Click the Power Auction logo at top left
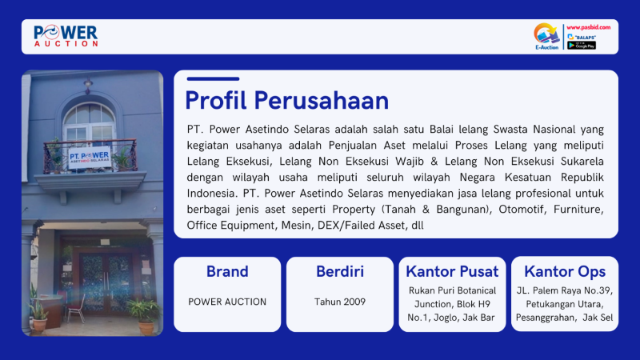pyautogui.click(x=66, y=36)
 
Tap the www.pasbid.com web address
pyautogui.click(x=588, y=27)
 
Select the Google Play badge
pyautogui.click(x=582, y=46)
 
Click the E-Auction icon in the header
pyautogui.click(x=546, y=36)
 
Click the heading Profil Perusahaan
pyautogui.click(x=287, y=100)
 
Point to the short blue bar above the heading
pyautogui.click(x=213, y=78)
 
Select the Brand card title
pyautogui.click(x=227, y=271)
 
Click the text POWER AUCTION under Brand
pyautogui.click(x=227, y=302)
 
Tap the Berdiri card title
pyautogui.click(x=340, y=271)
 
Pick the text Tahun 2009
pyautogui.click(x=340, y=302)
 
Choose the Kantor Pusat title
pyautogui.click(x=452, y=271)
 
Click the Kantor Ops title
pyautogui.click(x=565, y=272)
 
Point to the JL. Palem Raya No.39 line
pyautogui.click(x=565, y=290)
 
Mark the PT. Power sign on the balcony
pyautogui.click(x=90, y=157)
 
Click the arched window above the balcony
pyautogui.click(x=89, y=122)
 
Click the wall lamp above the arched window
pyautogui.click(x=88, y=85)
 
